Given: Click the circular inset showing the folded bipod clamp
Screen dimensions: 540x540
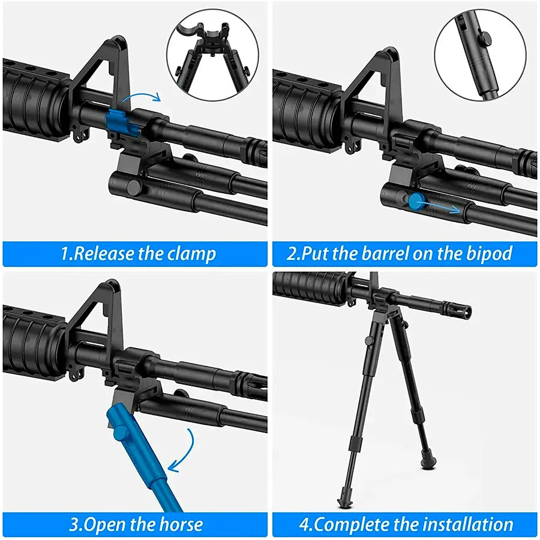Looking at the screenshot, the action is (212, 55).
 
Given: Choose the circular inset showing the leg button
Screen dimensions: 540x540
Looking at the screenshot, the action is (480, 55).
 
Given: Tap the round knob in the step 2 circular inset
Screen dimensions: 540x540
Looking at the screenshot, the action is (485, 36).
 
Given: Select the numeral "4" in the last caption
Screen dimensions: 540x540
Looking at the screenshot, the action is (304, 525).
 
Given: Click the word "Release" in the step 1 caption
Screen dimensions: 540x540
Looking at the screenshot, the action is (104, 254).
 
